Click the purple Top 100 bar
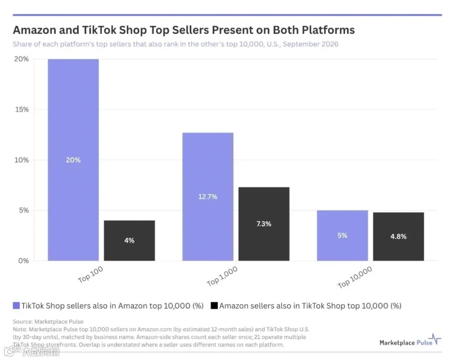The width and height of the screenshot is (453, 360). click(73, 160)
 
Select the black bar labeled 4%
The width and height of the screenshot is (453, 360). click(129, 241)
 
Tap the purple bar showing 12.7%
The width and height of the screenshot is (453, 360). click(208, 197)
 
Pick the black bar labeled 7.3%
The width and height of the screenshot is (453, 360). click(264, 224)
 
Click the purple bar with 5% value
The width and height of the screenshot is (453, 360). click(342, 236)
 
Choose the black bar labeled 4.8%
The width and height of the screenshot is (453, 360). click(399, 237)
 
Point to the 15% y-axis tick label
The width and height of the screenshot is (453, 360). click(22, 110)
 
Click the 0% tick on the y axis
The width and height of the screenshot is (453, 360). click(24, 261)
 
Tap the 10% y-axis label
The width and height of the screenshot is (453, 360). click(22, 160)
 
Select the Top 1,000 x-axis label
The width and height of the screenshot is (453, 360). click(222, 276)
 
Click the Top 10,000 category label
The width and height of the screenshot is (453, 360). click(355, 277)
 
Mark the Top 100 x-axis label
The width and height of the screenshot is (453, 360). click(91, 274)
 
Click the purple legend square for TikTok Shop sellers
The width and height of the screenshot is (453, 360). click(16, 305)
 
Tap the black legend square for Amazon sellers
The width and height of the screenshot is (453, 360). click(214, 305)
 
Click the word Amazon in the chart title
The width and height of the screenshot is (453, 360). click(34, 30)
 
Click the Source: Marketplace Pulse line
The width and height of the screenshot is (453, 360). click(48, 322)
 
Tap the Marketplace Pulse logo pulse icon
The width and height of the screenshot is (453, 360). click(434, 339)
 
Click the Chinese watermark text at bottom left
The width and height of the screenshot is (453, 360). click(41, 351)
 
